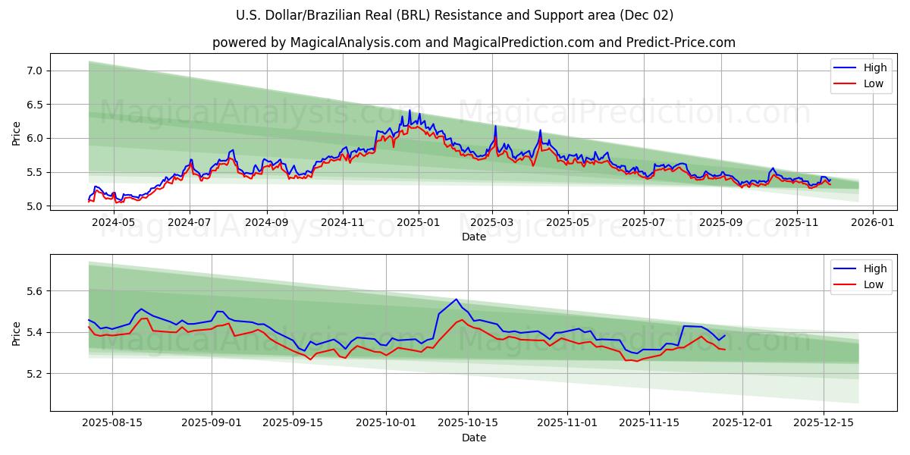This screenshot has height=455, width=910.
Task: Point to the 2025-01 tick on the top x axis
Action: (x=418, y=221)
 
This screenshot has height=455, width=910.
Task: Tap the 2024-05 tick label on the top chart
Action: (x=113, y=221)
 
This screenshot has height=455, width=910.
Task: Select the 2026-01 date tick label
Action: (x=872, y=221)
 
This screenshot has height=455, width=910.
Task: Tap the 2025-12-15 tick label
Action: (x=824, y=422)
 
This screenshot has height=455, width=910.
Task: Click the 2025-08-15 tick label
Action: (x=112, y=422)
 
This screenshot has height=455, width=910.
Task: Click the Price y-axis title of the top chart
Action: (x=17, y=133)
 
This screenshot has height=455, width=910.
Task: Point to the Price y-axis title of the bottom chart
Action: (x=17, y=333)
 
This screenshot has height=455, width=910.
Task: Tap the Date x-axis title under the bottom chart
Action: (x=474, y=438)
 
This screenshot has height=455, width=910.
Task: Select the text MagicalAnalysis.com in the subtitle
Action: (x=356, y=42)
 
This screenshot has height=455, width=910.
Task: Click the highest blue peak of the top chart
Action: (x=409, y=111)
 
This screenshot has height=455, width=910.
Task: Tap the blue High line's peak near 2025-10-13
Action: (x=456, y=300)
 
